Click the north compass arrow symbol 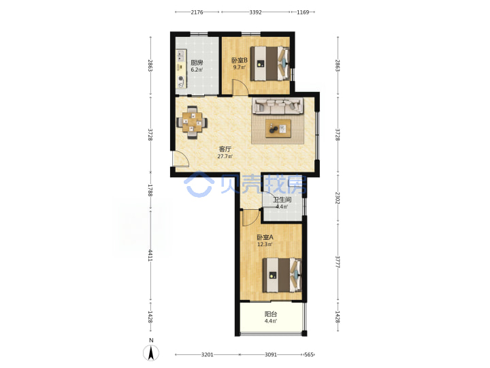151,352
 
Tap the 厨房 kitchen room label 197,63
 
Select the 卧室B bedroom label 240,60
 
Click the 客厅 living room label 225,149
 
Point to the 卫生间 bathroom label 282,200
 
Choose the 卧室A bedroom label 265,238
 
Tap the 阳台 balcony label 271,314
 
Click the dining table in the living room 192,123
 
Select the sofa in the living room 278,106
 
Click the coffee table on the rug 278,128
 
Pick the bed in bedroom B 269,63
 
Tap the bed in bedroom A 282,275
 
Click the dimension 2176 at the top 197,12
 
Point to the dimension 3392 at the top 256,12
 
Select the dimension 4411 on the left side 150,255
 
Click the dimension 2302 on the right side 338,198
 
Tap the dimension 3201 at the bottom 207,354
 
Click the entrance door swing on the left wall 181,159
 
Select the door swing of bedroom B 240,87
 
